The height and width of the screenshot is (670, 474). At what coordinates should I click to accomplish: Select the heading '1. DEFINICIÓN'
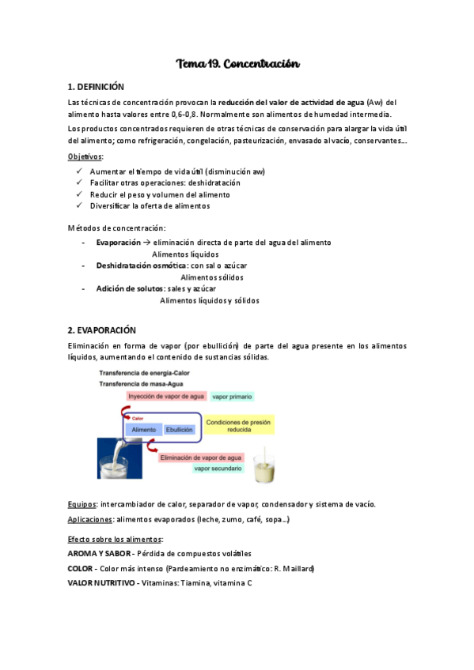coord(96,86)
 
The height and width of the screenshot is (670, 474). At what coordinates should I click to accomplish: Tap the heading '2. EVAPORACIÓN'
coord(102,330)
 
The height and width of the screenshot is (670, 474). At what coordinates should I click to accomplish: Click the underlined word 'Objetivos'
coord(85,157)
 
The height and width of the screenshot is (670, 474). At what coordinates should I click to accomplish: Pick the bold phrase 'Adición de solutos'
coord(125,289)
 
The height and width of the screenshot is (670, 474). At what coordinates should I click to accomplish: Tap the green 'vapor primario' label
coord(233,396)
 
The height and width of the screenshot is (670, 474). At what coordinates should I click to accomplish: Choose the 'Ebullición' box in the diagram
coord(179,430)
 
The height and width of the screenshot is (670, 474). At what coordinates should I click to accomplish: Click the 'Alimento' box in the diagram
coord(143,430)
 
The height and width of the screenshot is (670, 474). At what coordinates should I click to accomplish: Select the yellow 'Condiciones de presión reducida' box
coord(239,427)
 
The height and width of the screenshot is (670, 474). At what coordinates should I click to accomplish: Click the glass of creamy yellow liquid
coord(264,469)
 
